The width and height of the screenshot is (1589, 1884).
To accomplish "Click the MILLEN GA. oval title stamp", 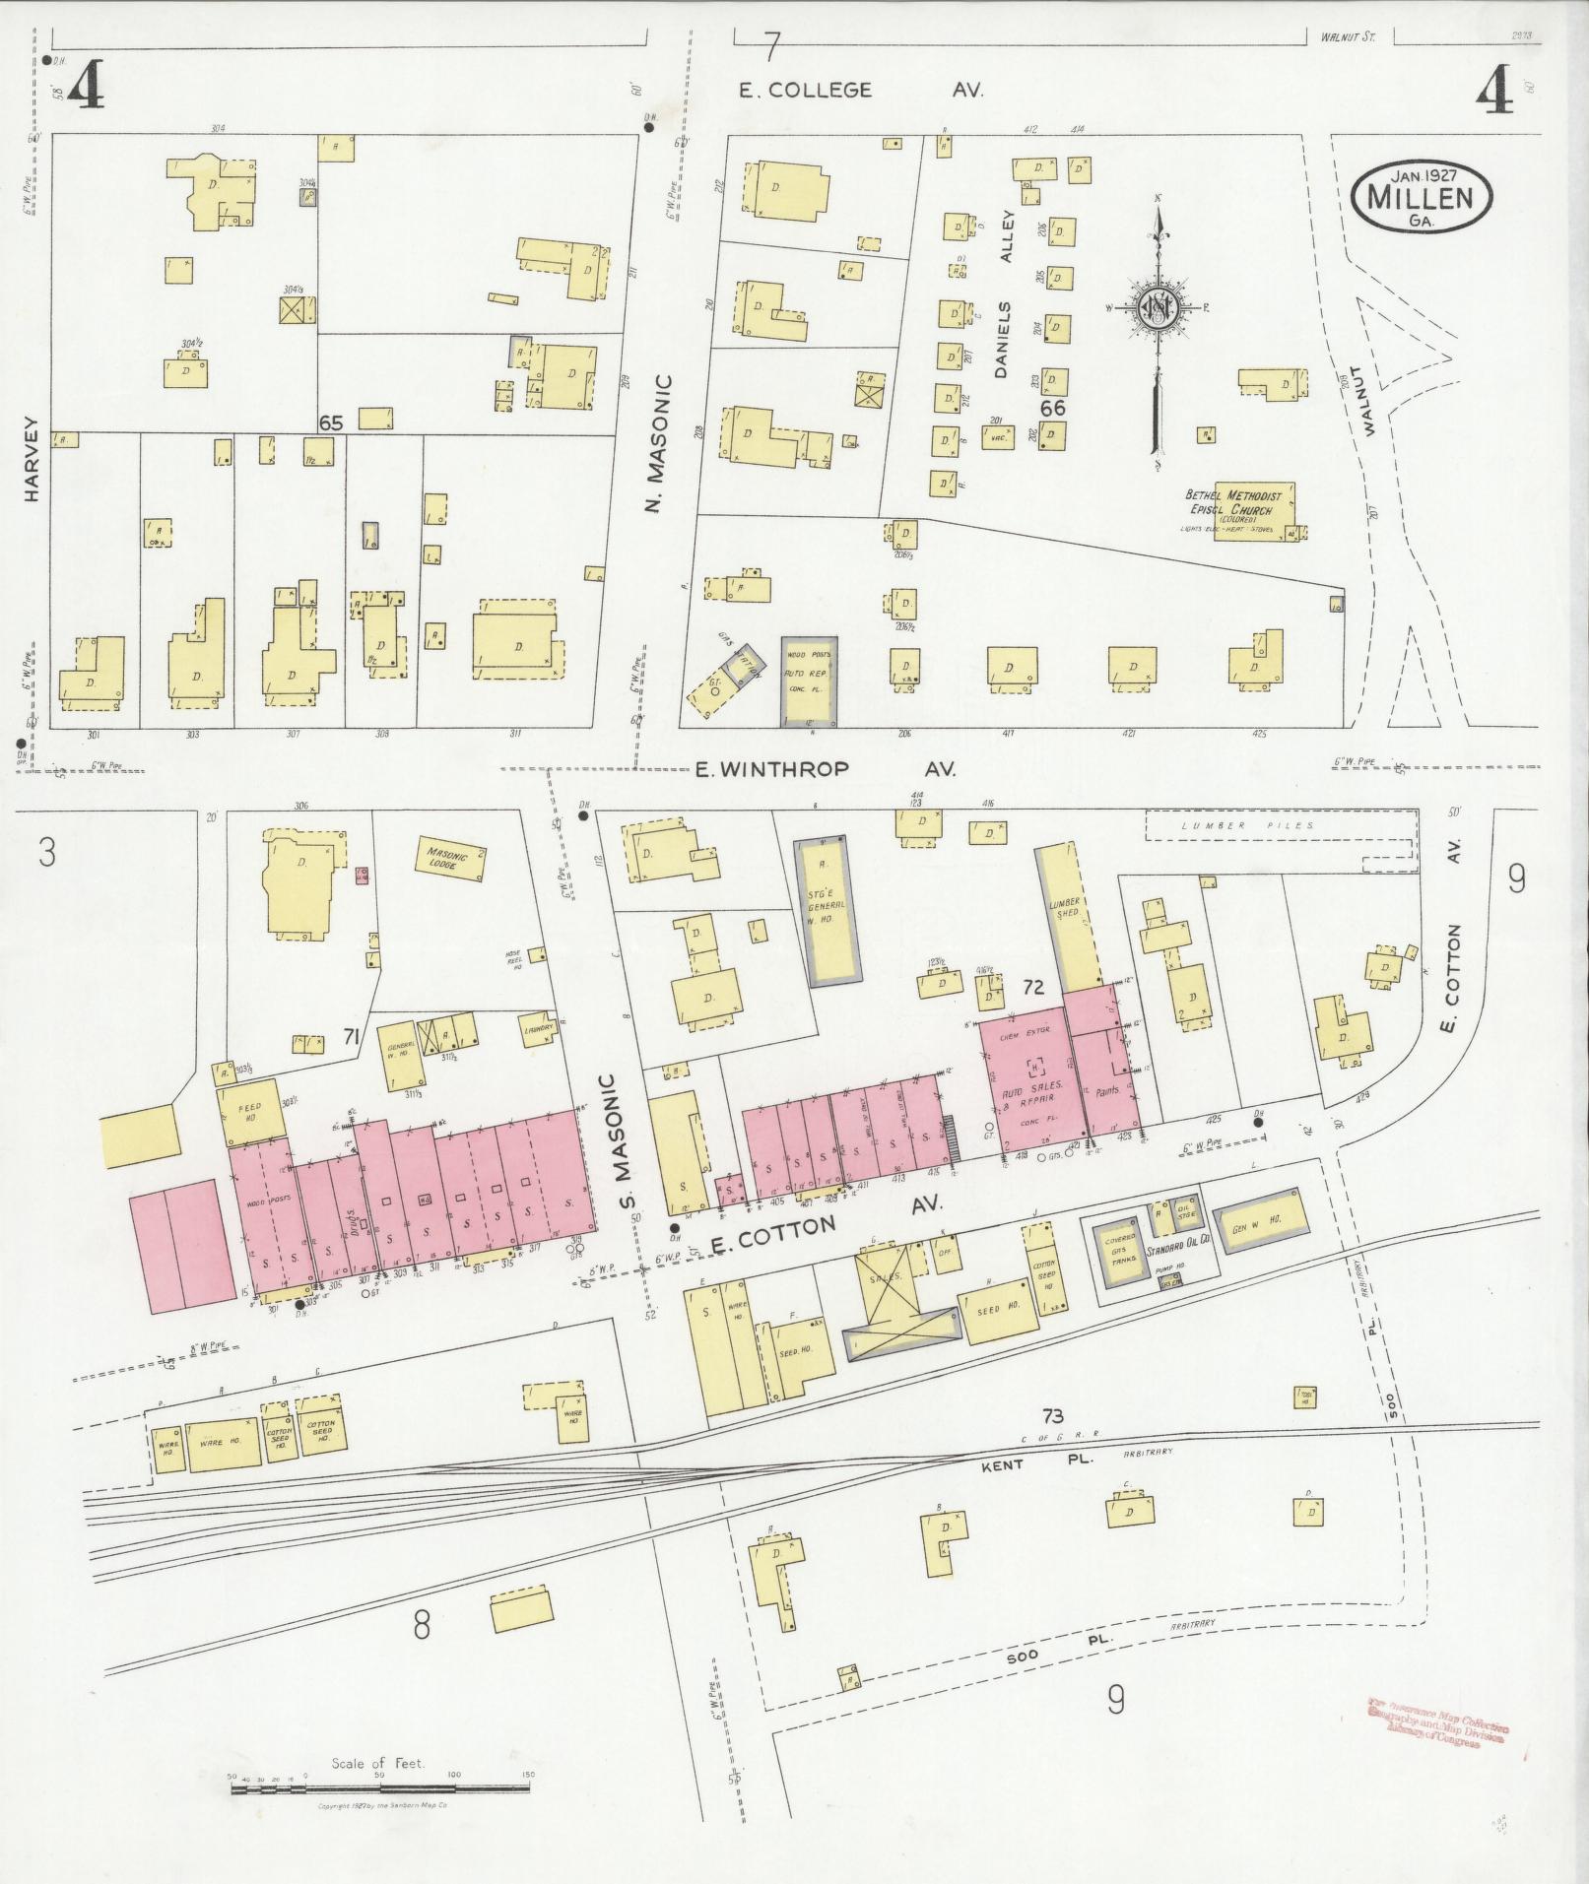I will coord(1422,198).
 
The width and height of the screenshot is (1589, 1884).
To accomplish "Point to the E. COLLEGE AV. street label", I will coord(862,91).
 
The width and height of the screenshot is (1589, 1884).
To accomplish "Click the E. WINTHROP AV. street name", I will coord(826,769).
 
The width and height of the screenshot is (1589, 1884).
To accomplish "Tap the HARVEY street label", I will coord(32,473).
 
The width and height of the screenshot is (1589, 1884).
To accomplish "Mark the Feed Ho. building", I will coord(249,1113).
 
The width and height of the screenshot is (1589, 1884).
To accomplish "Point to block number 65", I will coord(330,422).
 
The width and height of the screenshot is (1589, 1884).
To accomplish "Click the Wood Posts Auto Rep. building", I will coord(810,681).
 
